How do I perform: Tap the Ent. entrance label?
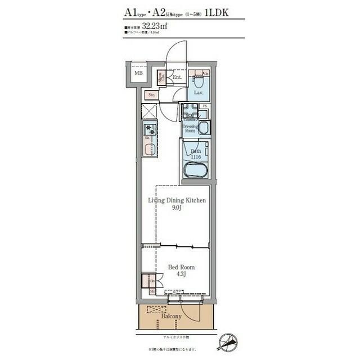(x=177, y=77)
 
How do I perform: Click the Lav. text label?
(x=198, y=92)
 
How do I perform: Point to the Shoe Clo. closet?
(x=161, y=77)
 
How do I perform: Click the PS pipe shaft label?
(x=205, y=106)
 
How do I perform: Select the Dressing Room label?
(x=190, y=128)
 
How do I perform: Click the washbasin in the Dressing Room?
(x=203, y=128)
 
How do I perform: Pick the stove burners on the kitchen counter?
(x=149, y=130)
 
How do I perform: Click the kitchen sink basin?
(x=150, y=150)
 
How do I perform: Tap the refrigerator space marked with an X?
(x=149, y=111)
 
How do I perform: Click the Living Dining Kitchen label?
(x=177, y=200)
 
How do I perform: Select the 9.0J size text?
(x=176, y=208)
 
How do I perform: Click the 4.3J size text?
(x=177, y=276)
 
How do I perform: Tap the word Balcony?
(x=171, y=316)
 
